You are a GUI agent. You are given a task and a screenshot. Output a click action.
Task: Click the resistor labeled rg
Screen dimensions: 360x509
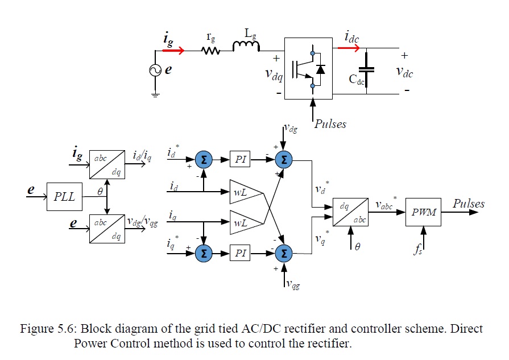tap(211, 51)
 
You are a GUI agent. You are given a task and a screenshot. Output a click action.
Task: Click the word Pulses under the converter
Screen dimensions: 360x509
tap(330, 123)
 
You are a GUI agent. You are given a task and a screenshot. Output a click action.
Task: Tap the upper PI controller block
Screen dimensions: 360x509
tap(241, 160)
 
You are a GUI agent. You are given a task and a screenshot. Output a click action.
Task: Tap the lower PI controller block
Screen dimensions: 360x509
tap(241, 253)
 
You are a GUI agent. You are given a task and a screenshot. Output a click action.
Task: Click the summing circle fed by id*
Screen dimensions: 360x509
tap(203, 160)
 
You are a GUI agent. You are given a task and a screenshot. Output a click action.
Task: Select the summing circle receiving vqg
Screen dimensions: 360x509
tap(283, 253)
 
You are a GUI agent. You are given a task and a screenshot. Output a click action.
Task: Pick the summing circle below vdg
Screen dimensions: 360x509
tap(283, 160)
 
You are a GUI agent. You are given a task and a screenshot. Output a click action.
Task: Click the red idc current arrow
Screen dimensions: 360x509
tap(349, 48)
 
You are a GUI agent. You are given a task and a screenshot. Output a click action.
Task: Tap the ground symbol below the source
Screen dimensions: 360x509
tap(155, 95)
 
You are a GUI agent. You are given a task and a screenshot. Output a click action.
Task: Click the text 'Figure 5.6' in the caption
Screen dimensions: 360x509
tap(47, 329)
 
